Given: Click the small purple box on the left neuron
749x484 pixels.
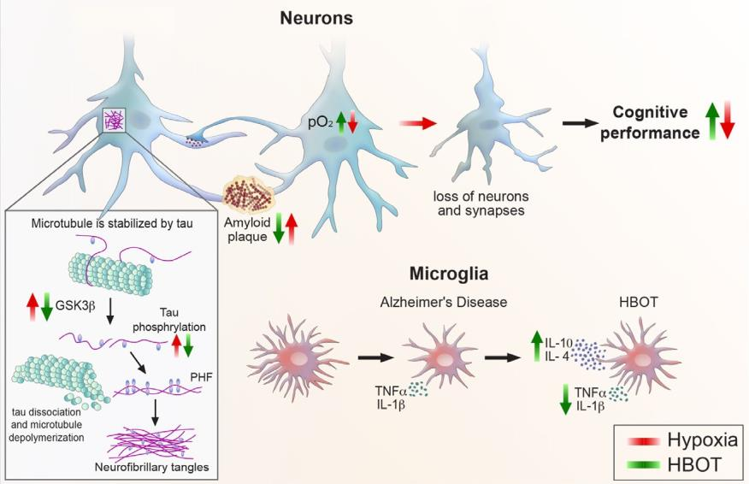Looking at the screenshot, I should (113, 121).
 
